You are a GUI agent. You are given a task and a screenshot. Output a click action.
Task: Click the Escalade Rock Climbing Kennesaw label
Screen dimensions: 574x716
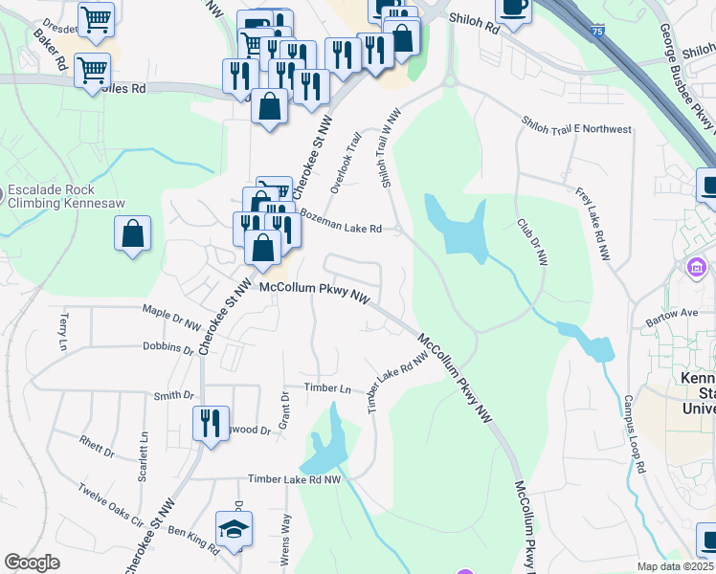[65, 196]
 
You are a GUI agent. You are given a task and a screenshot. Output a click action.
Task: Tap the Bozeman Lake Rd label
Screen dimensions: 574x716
[341, 222]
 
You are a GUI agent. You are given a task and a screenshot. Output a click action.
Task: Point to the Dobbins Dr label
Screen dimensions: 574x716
[168, 346]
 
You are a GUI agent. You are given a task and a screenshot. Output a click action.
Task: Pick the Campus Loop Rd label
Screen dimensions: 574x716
[635, 430]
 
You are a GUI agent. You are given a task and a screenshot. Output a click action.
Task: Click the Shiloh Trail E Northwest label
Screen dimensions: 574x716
[576, 127]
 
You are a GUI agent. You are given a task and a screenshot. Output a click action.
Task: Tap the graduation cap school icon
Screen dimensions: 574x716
[235, 529]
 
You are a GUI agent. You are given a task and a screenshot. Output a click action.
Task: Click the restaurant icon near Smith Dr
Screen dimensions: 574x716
[210, 421]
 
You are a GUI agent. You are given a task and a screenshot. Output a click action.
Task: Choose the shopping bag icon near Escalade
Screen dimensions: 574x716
[132, 233]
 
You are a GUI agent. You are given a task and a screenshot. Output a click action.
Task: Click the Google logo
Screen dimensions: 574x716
[33, 563]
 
